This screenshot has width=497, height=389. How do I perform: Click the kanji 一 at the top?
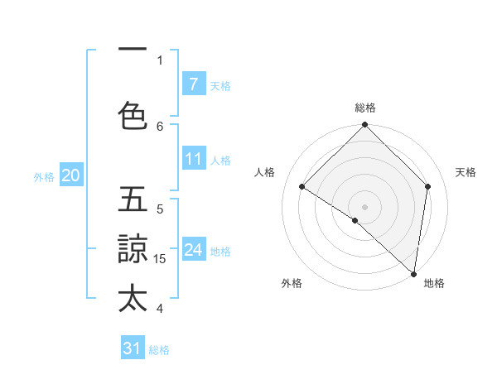tap(133, 50)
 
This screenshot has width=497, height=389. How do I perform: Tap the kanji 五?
tap(133, 199)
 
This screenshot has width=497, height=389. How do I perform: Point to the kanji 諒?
tap(133, 248)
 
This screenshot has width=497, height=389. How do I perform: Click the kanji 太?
tap(133, 297)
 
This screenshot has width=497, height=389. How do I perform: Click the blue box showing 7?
tap(193, 84)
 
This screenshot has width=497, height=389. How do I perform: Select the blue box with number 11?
tap(193, 159)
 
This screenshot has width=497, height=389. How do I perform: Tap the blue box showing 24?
tap(193, 250)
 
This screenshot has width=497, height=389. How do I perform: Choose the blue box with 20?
tap(71, 175)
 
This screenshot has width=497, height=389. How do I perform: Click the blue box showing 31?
tap(133, 348)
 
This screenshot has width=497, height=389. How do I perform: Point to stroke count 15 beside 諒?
tap(161, 259)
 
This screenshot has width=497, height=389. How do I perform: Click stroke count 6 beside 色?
tap(161, 126)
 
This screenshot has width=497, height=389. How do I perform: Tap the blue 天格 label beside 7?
tap(220, 85)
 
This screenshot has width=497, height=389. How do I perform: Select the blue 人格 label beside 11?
tap(220, 161)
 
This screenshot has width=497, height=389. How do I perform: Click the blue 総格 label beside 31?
tap(159, 350)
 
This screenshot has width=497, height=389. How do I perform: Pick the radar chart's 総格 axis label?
tap(365, 108)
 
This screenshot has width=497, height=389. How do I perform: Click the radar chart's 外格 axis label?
tap(292, 284)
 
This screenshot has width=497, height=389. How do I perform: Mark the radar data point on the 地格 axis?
tap(413, 273)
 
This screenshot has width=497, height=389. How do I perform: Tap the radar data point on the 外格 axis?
tap(355, 220)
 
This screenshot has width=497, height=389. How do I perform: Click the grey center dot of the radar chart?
tap(365, 206)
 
